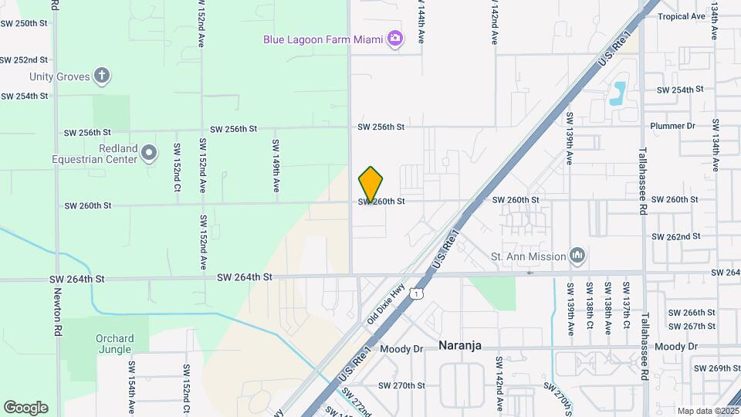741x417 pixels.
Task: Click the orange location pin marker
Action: coord(370,184)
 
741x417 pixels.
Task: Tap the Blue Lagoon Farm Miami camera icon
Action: coord(395,39)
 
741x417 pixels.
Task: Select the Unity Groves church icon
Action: coord(102,76)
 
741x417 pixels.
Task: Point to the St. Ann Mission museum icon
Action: coord(577,255)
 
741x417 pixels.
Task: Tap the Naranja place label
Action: coord(460,345)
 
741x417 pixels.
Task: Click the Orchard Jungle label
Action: coord(115,344)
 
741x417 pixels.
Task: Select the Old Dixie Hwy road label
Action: coord(386,302)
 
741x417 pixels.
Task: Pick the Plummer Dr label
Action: coord(673,126)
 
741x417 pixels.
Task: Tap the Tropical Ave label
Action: coord(682,16)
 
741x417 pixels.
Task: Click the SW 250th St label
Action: coord(24,23)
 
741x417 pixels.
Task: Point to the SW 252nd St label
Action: coord(24,59)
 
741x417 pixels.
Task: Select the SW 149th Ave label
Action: coord(275,165)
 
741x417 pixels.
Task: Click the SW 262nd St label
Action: coord(675,236)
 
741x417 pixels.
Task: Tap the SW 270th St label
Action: coord(402,385)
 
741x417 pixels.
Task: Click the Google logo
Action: coord(25,408)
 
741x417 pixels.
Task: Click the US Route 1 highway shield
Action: coord(416,293)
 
